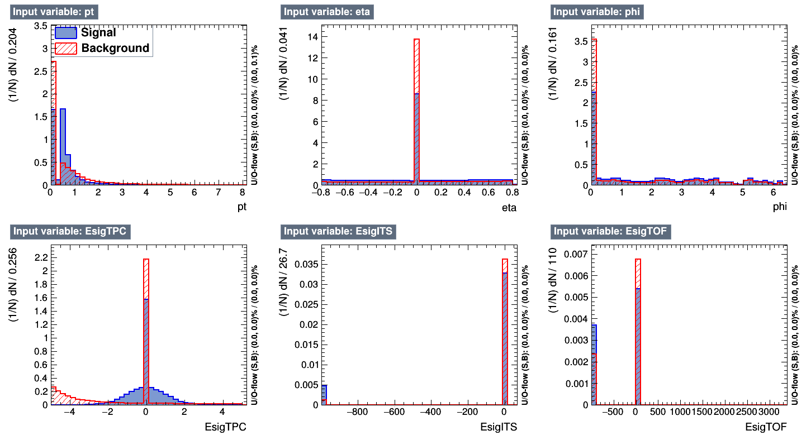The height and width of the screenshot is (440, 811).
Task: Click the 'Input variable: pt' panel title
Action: [x=53, y=12]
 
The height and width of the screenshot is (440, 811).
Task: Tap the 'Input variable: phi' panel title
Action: [x=590, y=12]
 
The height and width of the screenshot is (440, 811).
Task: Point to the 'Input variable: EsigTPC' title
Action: [x=65, y=231]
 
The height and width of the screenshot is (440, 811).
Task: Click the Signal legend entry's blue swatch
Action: [x=66, y=33]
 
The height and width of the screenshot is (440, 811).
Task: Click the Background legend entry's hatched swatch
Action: [x=66, y=48]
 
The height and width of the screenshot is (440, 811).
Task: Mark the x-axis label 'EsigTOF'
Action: [x=766, y=428]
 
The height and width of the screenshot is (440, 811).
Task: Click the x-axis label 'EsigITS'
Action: [x=499, y=428]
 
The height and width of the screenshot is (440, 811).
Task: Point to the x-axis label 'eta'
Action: [x=508, y=208]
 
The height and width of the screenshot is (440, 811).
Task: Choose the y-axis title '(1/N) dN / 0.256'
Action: [x=15, y=317]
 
